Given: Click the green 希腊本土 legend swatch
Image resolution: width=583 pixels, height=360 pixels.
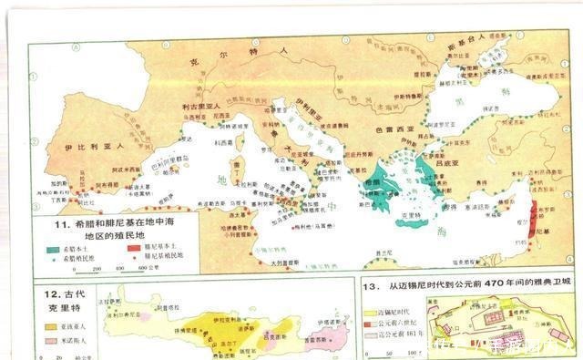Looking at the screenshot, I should (x=58, y=246).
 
